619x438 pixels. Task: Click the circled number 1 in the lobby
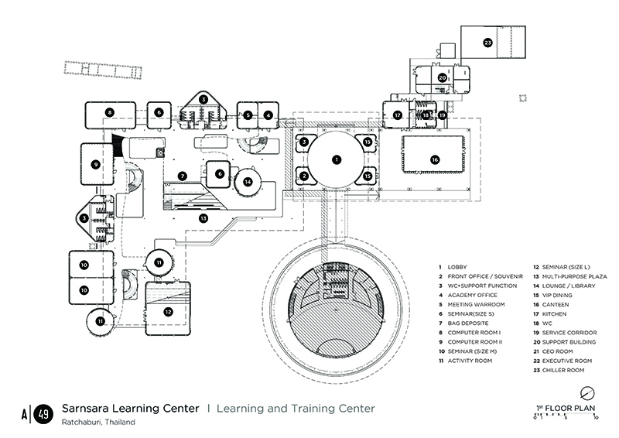click(x=336, y=159)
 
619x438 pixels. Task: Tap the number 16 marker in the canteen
click(x=435, y=159)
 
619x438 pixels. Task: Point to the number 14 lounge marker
click(x=248, y=182)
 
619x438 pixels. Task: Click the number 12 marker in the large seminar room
click(x=168, y=311)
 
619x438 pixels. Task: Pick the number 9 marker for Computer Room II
click(x=95, y=164)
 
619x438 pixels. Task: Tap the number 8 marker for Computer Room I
click(x=110, y=113)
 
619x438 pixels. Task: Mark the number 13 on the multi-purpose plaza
click(x=203, y=218)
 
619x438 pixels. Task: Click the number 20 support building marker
click(x=442, y=78)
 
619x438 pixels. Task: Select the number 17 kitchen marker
click(x=397, y=115)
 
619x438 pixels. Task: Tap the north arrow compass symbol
click(x=587, y=391)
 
